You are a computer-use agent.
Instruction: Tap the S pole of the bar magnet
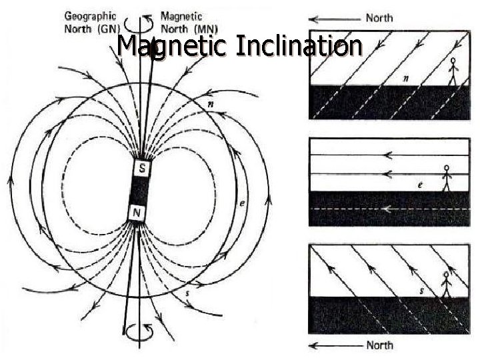click(x=142, y=168)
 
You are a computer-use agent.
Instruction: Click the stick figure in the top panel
click(x=454, y=72)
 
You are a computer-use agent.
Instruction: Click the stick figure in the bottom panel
click(x=447, y=285)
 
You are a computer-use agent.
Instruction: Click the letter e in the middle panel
click(x=419, y=184)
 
